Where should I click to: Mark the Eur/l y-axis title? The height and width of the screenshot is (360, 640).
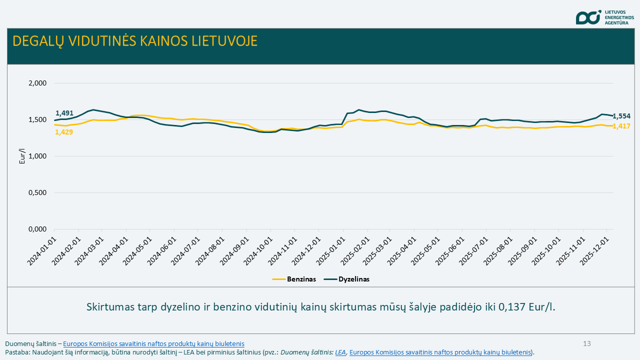click(22, 156)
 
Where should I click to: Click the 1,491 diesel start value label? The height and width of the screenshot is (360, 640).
click(64, 113)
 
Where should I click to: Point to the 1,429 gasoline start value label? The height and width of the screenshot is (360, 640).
click(64, 132)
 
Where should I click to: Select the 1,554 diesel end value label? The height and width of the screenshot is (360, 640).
click(621, 116)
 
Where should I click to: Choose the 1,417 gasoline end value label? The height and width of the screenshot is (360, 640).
click(621, 126)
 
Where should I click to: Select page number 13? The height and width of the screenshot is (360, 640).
click(587, 343)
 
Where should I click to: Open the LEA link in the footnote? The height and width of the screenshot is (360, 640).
click(340, 352)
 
